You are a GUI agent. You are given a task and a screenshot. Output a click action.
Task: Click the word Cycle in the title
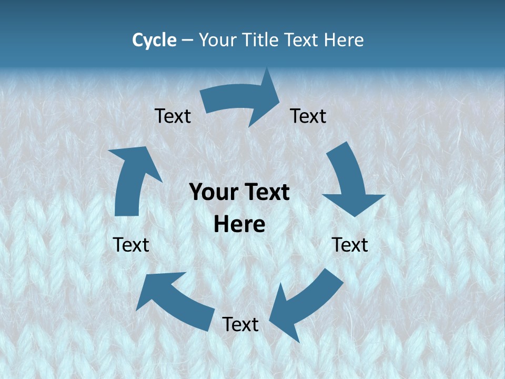tap(154, 40)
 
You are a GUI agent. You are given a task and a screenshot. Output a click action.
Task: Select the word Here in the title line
tap(344, 40)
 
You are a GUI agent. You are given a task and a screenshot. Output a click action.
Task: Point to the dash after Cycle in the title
tap(187, 41)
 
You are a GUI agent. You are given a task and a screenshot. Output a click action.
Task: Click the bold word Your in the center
tap(211, 193)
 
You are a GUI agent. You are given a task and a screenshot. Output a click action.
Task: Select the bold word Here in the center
tap(239, 224)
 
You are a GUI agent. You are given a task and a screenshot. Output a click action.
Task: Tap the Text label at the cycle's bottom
tap(240, 324)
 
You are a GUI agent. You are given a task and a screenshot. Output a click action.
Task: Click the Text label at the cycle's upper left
tap(173, 116)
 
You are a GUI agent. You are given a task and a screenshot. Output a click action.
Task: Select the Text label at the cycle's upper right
tap(308, 116)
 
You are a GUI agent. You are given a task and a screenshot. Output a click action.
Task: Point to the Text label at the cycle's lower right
tap(350, 245)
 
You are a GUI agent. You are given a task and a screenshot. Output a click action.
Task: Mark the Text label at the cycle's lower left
tap(131, 245)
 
